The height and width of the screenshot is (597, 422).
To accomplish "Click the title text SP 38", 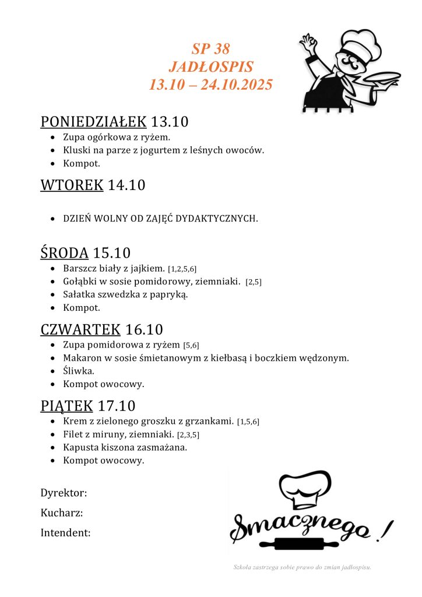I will tap(210, 48).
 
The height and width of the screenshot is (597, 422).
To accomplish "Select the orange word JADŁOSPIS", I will tap(210, 66).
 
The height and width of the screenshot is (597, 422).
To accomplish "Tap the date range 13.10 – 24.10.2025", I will tap(210, 85).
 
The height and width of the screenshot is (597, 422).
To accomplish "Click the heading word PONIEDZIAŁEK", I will tap(93, 122).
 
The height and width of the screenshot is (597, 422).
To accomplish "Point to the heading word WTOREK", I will tap(72, 185).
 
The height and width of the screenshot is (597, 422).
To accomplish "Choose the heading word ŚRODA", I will tap(64, 253).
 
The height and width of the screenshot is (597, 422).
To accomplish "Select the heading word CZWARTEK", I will tap(80, 329).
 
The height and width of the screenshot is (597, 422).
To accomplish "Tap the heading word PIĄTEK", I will tap(67, 405).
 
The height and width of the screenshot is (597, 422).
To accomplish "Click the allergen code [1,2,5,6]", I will tap(182, 269).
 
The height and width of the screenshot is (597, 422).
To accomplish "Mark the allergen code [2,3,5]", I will tap(188, 435).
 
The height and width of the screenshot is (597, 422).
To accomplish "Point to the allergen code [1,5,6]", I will tap(248, 422).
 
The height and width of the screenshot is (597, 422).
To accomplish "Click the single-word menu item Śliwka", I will tap(79, 371).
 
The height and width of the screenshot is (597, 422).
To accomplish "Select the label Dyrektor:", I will tap(64, 493).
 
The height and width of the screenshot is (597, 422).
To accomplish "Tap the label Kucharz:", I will tap(61, 513).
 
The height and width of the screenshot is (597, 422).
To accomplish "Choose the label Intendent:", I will tap(65, 532).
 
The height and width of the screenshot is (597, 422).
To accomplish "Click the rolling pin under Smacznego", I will tap(310, 545).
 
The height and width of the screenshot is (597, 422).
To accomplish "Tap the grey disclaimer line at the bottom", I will tap(302, 567).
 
